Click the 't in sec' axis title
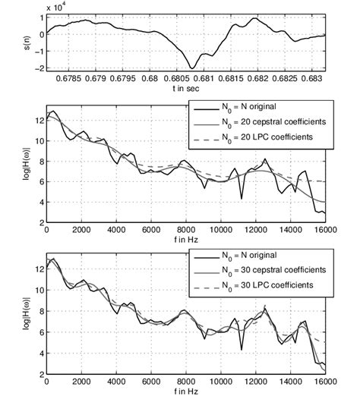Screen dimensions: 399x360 (186, 88)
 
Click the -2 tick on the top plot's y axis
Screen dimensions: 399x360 (39, 68)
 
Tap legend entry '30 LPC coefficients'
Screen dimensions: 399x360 (267, 284)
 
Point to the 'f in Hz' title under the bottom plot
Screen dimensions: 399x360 (186, 389)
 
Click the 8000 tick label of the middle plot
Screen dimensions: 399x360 (186, 231)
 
